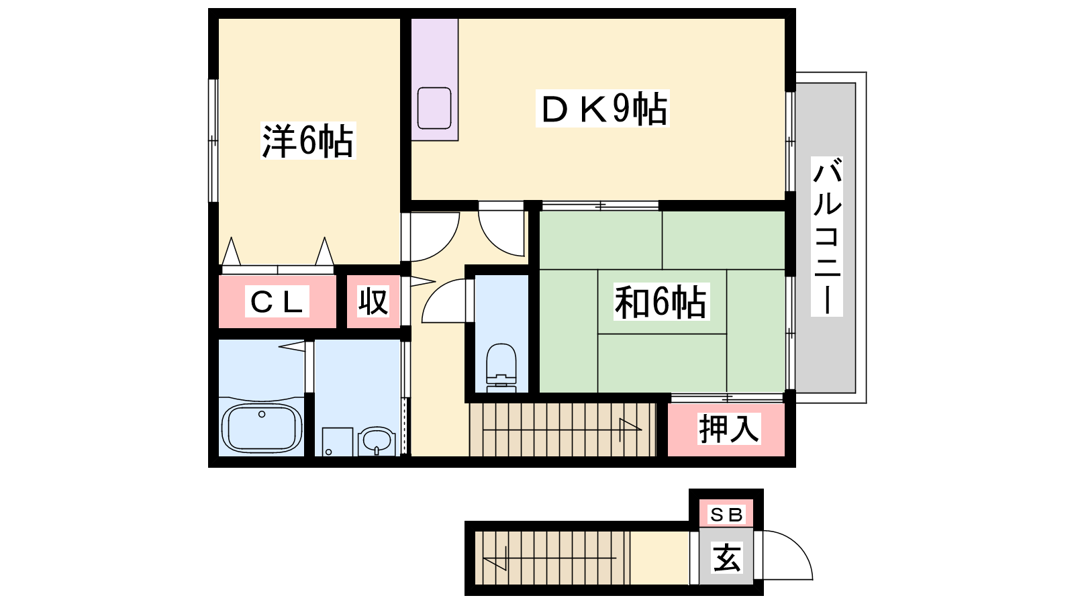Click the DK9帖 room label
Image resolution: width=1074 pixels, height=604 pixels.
(x=603, y=108)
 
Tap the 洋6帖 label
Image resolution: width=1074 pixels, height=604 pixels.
(x=308, y=140)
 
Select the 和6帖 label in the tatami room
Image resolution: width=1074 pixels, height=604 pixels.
(x=661, y=303)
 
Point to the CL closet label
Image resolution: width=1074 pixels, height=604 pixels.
(x=277, y=301)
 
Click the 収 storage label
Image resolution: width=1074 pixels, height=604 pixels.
(x=373, y=301)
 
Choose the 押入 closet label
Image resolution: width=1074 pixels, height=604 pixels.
(x=729, y=428)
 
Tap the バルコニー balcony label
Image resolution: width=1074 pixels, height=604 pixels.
(x=827, y=236)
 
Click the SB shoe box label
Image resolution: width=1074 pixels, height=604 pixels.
(x=726, y=515)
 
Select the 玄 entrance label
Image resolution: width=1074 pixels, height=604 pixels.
(x=727, y=558)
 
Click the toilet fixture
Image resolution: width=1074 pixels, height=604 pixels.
(x=501, y=368)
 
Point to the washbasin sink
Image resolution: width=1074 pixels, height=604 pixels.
(x=377, y=441)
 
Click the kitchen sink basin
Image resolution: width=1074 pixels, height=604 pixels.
(x=434, y=108)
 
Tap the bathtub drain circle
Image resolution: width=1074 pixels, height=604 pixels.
(x=262, y=414)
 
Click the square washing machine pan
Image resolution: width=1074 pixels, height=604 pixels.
(x=337, y=442)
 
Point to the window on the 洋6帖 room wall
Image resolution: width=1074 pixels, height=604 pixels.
(x=213, y=140)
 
